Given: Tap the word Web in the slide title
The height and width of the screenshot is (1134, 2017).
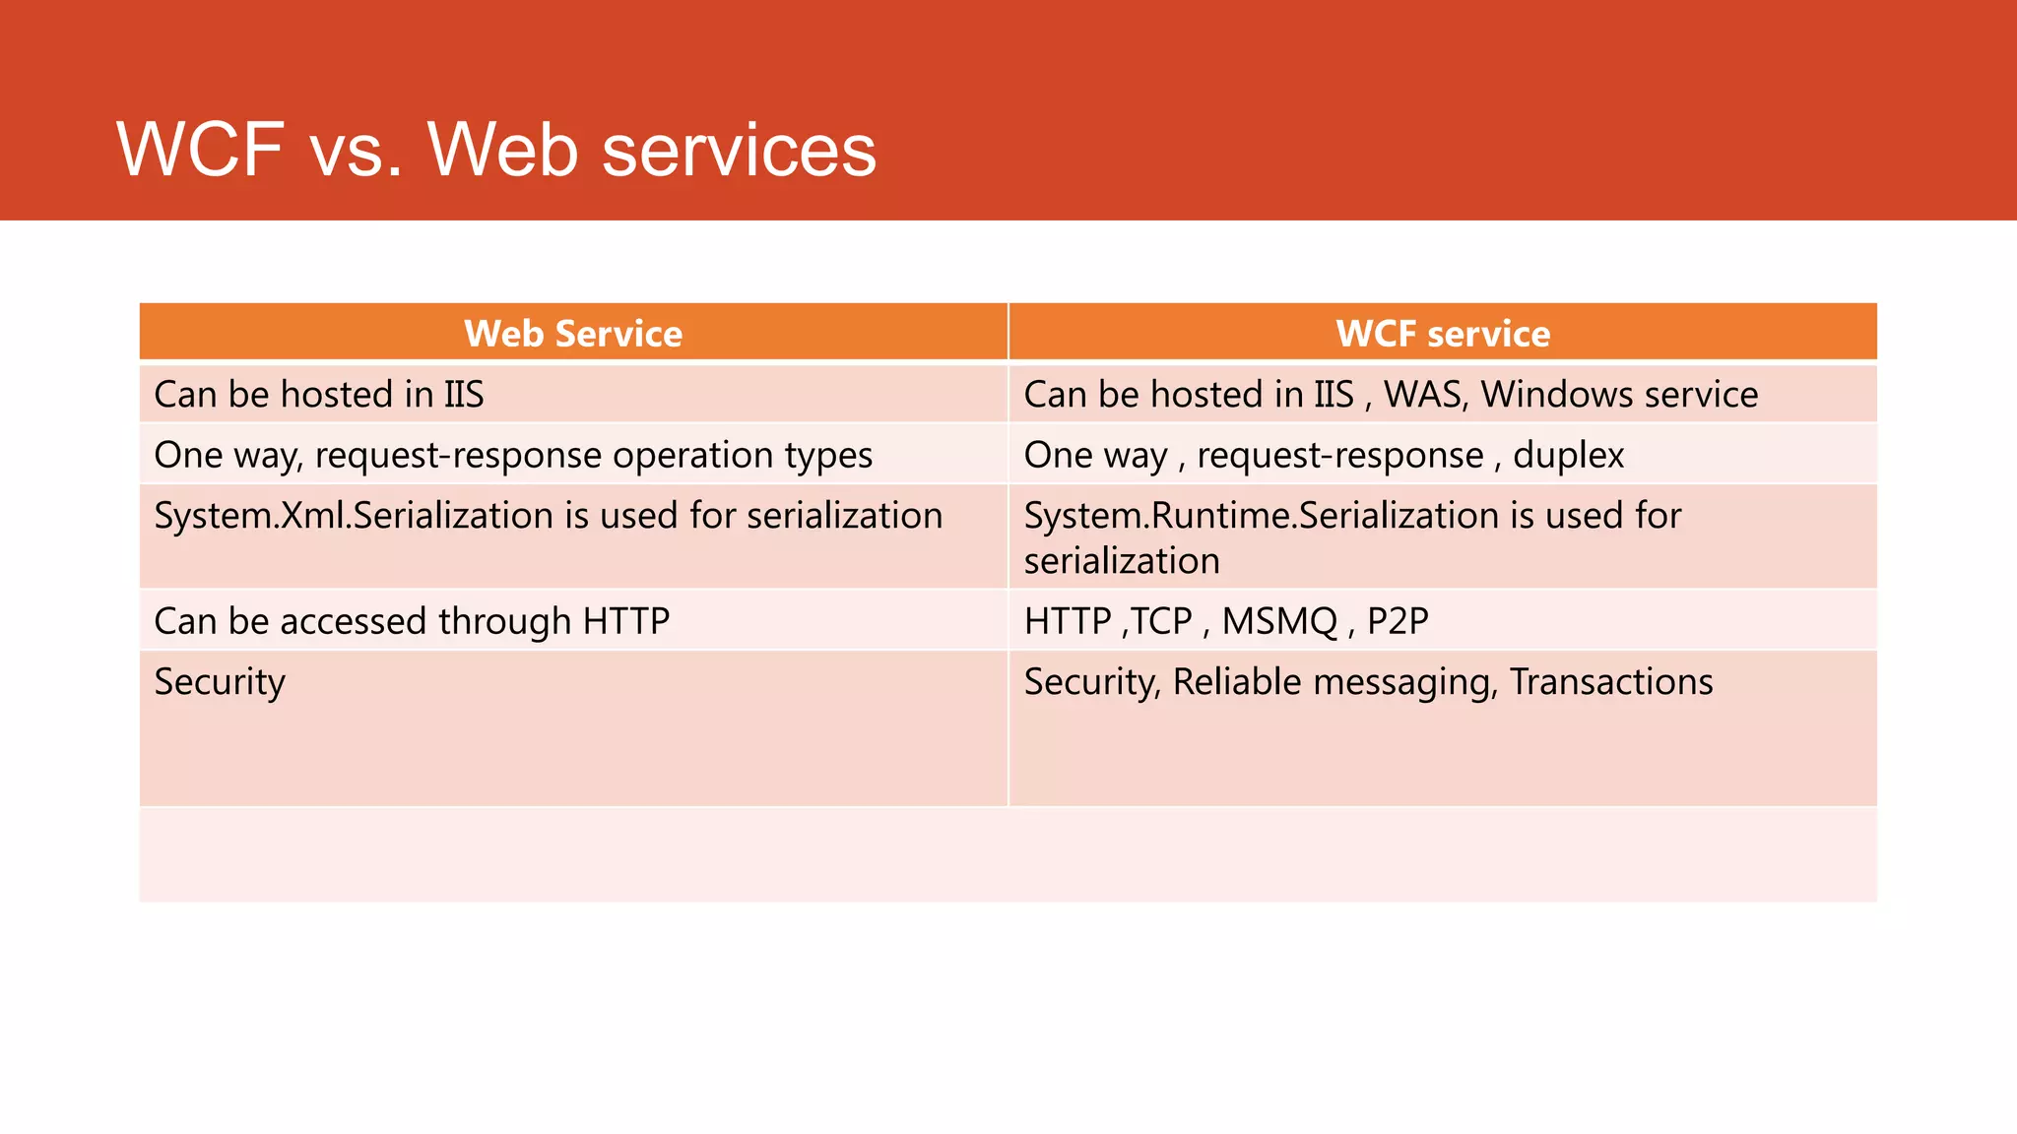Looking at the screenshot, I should [502, 150].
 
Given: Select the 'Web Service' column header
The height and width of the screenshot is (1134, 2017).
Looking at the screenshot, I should [573, 334].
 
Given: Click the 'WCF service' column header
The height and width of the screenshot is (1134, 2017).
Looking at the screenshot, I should [1443, 334].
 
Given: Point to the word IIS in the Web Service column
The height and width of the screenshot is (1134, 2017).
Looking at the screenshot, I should [463, 395].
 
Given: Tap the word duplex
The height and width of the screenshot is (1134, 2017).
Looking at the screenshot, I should [1568, 456].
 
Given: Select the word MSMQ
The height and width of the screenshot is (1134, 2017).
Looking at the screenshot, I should [1279, 622].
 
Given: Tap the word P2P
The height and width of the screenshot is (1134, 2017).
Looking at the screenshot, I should [1398, 622].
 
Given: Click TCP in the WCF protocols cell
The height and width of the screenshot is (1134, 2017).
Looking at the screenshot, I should [1162, 622].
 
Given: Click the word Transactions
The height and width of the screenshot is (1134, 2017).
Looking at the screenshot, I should [1611, 682].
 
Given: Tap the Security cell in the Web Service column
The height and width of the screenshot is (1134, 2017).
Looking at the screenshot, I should [220, 682].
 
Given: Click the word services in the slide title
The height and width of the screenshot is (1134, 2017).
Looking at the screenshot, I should [739, 150].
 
